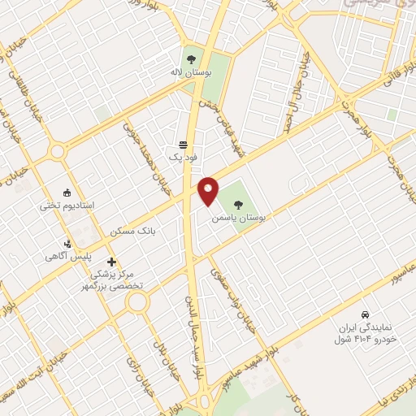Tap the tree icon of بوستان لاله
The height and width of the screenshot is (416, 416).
coord(191,59)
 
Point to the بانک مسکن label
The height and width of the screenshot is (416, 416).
coord(135,232)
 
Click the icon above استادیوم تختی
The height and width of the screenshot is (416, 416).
coord(67,193)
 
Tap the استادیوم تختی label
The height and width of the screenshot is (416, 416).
coord(67,206)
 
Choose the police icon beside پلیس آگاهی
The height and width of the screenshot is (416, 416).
coord(68,243)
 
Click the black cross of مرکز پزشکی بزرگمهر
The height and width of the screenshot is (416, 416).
coord(111,262)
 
